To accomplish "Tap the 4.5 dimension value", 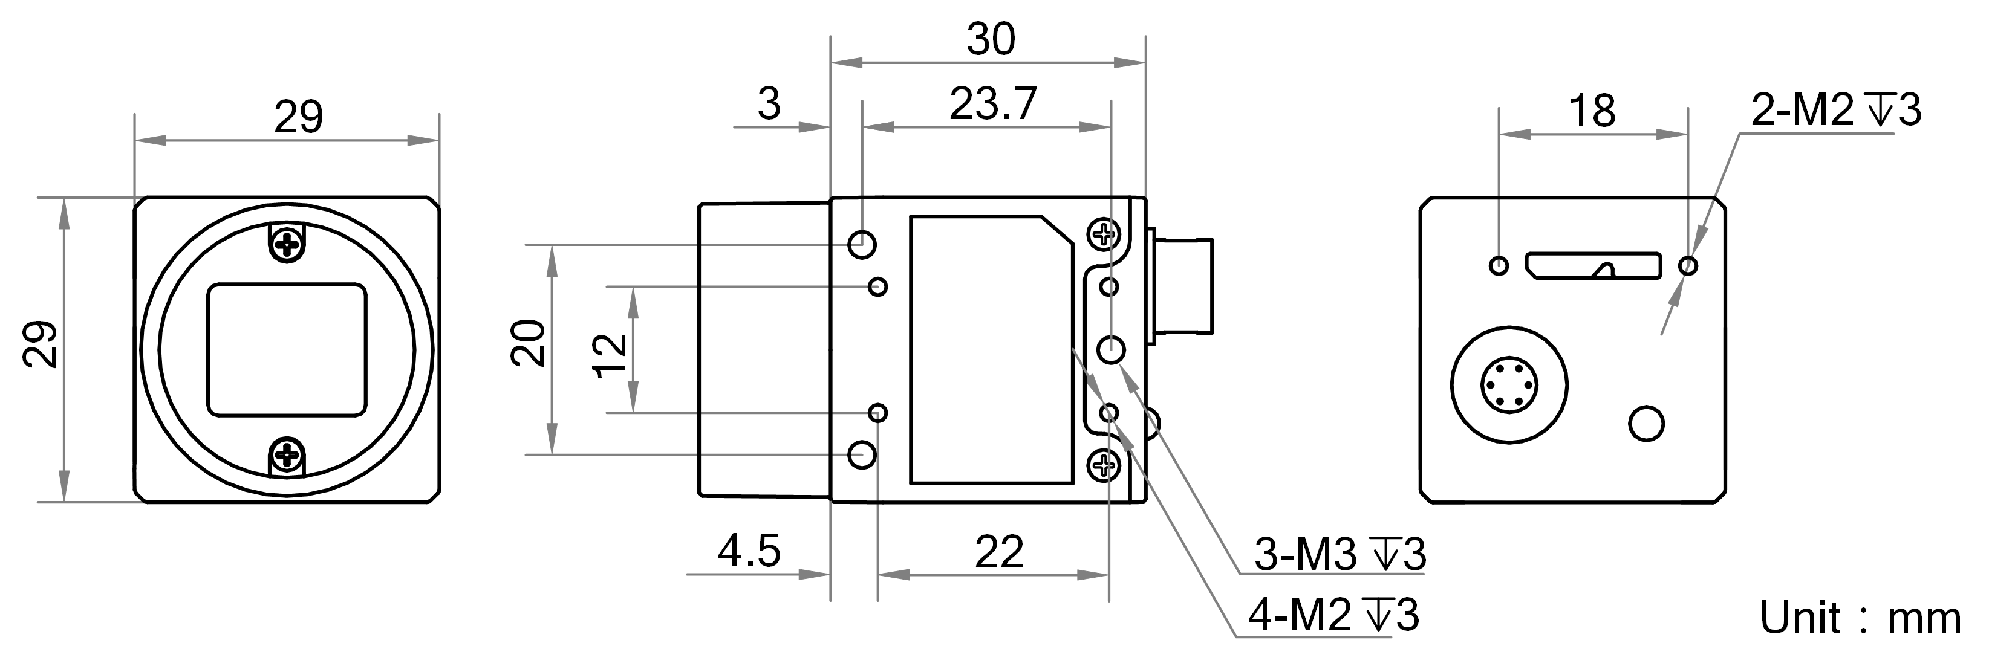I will (x=749, y=551).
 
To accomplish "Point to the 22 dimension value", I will (x=999, y=552).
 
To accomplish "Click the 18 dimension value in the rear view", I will (x=1592, y=111).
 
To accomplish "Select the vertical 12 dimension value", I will (x=611, y=355).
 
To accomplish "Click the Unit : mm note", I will (x=1859, y=618).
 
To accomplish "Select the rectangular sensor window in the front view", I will (x=287, y=349).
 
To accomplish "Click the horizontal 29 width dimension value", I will (x=298, y=117).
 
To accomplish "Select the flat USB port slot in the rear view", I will (x=1593, y=265).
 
